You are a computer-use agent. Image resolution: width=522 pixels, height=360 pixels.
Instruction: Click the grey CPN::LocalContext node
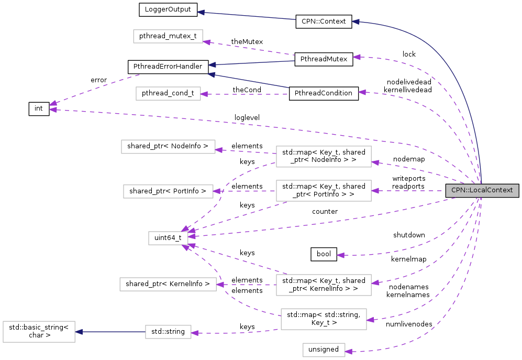(482, 190)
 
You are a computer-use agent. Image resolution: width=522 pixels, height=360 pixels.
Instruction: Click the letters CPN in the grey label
(459, 190)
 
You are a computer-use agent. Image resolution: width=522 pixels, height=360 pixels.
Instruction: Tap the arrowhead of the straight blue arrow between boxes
(79, 332)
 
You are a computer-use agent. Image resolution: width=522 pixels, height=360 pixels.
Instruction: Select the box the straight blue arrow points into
(39, 332)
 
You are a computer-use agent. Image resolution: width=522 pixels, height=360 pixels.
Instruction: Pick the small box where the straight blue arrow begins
(168, 332)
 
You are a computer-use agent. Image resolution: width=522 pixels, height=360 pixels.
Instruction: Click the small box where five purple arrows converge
(168, 238)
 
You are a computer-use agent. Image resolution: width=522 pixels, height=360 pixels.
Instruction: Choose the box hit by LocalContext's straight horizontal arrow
(324, 191)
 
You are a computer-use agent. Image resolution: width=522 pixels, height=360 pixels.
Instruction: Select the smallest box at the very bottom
(324, 350)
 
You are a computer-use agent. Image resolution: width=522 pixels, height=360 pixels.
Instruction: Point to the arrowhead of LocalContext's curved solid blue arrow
(355, 21)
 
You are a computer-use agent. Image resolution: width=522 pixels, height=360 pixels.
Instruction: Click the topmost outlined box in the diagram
(168, 36)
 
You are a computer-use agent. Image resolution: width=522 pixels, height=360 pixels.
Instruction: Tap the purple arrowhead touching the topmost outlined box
(206, 42)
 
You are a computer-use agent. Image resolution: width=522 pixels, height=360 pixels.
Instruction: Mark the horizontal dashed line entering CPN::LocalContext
(408, 191)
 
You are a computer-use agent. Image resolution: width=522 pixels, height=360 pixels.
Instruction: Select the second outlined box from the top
(168, 93)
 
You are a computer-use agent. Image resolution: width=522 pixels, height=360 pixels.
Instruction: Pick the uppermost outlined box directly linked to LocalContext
(324, 157)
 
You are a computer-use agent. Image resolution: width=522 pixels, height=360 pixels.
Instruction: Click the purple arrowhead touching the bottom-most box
(349, 352)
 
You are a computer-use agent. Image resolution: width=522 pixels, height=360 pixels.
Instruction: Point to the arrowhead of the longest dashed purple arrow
(52, 110)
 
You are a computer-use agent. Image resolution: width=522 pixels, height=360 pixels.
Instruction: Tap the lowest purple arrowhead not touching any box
(340, 255)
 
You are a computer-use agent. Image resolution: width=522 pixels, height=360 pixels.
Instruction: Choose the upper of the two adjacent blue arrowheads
(212, 65)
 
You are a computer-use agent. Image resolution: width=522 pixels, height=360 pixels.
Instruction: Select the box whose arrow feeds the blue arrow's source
(324, 319)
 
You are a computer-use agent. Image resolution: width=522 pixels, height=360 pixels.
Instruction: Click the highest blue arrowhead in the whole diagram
(200, 12)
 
